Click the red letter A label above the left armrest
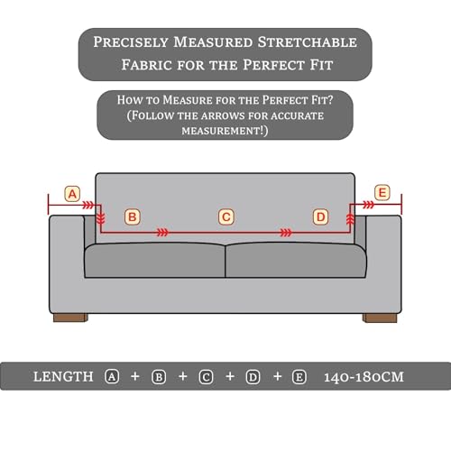[72, 194]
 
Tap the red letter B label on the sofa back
[133, 217]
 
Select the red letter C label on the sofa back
[226, 217]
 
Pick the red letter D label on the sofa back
[321, 217]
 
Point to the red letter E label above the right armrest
[382, 192]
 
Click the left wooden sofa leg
[70, 318]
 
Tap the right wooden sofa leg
[380, 318]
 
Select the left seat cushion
[154, 261]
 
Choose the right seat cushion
[296, 261]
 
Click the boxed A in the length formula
[112, 377]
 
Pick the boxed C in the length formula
[207, 377]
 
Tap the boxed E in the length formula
[299, 377]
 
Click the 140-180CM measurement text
[364, 377]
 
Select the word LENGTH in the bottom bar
[63, 377]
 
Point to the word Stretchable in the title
[308, 42]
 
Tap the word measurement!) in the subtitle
[225, 131]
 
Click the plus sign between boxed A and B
[135, 376]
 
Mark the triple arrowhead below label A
[88, 206]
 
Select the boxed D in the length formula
[253, 377]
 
